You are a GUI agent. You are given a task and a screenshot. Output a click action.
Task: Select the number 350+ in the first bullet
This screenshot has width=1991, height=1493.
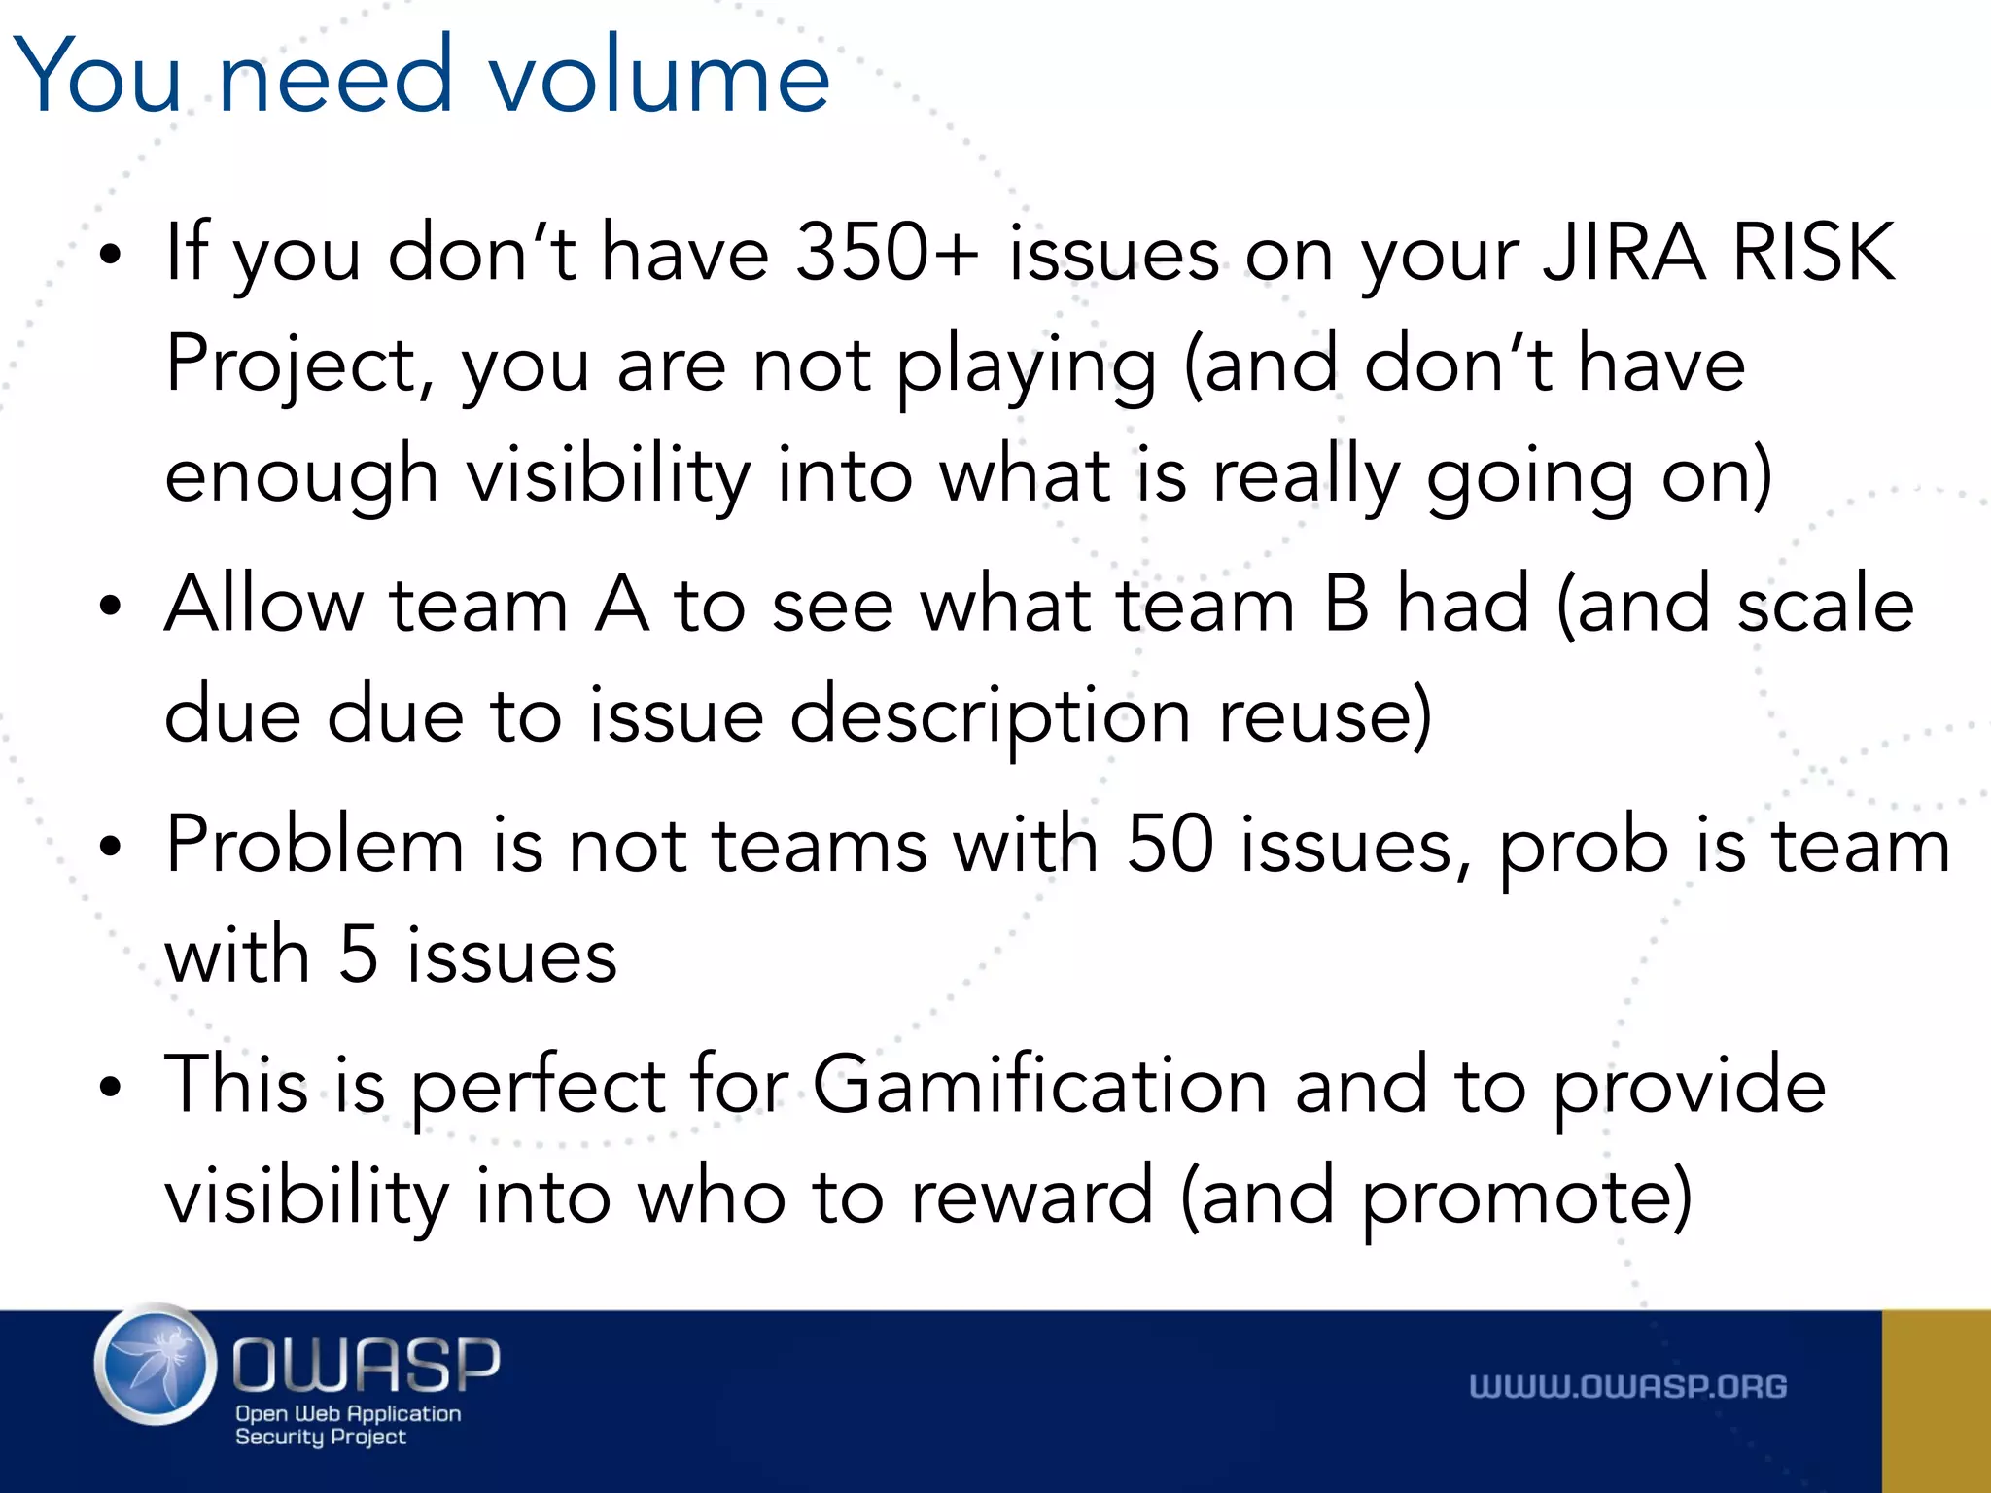[886, 253]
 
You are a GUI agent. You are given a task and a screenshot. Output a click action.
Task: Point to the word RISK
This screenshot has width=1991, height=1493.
[1814, 253]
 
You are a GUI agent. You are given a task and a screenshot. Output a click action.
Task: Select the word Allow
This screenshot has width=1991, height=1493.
[263, 605]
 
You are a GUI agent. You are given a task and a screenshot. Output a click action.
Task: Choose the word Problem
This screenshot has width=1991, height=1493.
[315, 846]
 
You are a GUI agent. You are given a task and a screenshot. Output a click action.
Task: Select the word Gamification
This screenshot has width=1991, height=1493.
[1039, 1086]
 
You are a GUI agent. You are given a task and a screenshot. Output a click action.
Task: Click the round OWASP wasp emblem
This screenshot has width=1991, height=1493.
[156, 1365]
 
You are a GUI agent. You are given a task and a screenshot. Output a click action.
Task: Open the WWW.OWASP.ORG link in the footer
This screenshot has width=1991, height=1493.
[1627, 1387]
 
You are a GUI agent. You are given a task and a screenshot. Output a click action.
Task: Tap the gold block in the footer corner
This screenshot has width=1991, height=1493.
[1936, 1401]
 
